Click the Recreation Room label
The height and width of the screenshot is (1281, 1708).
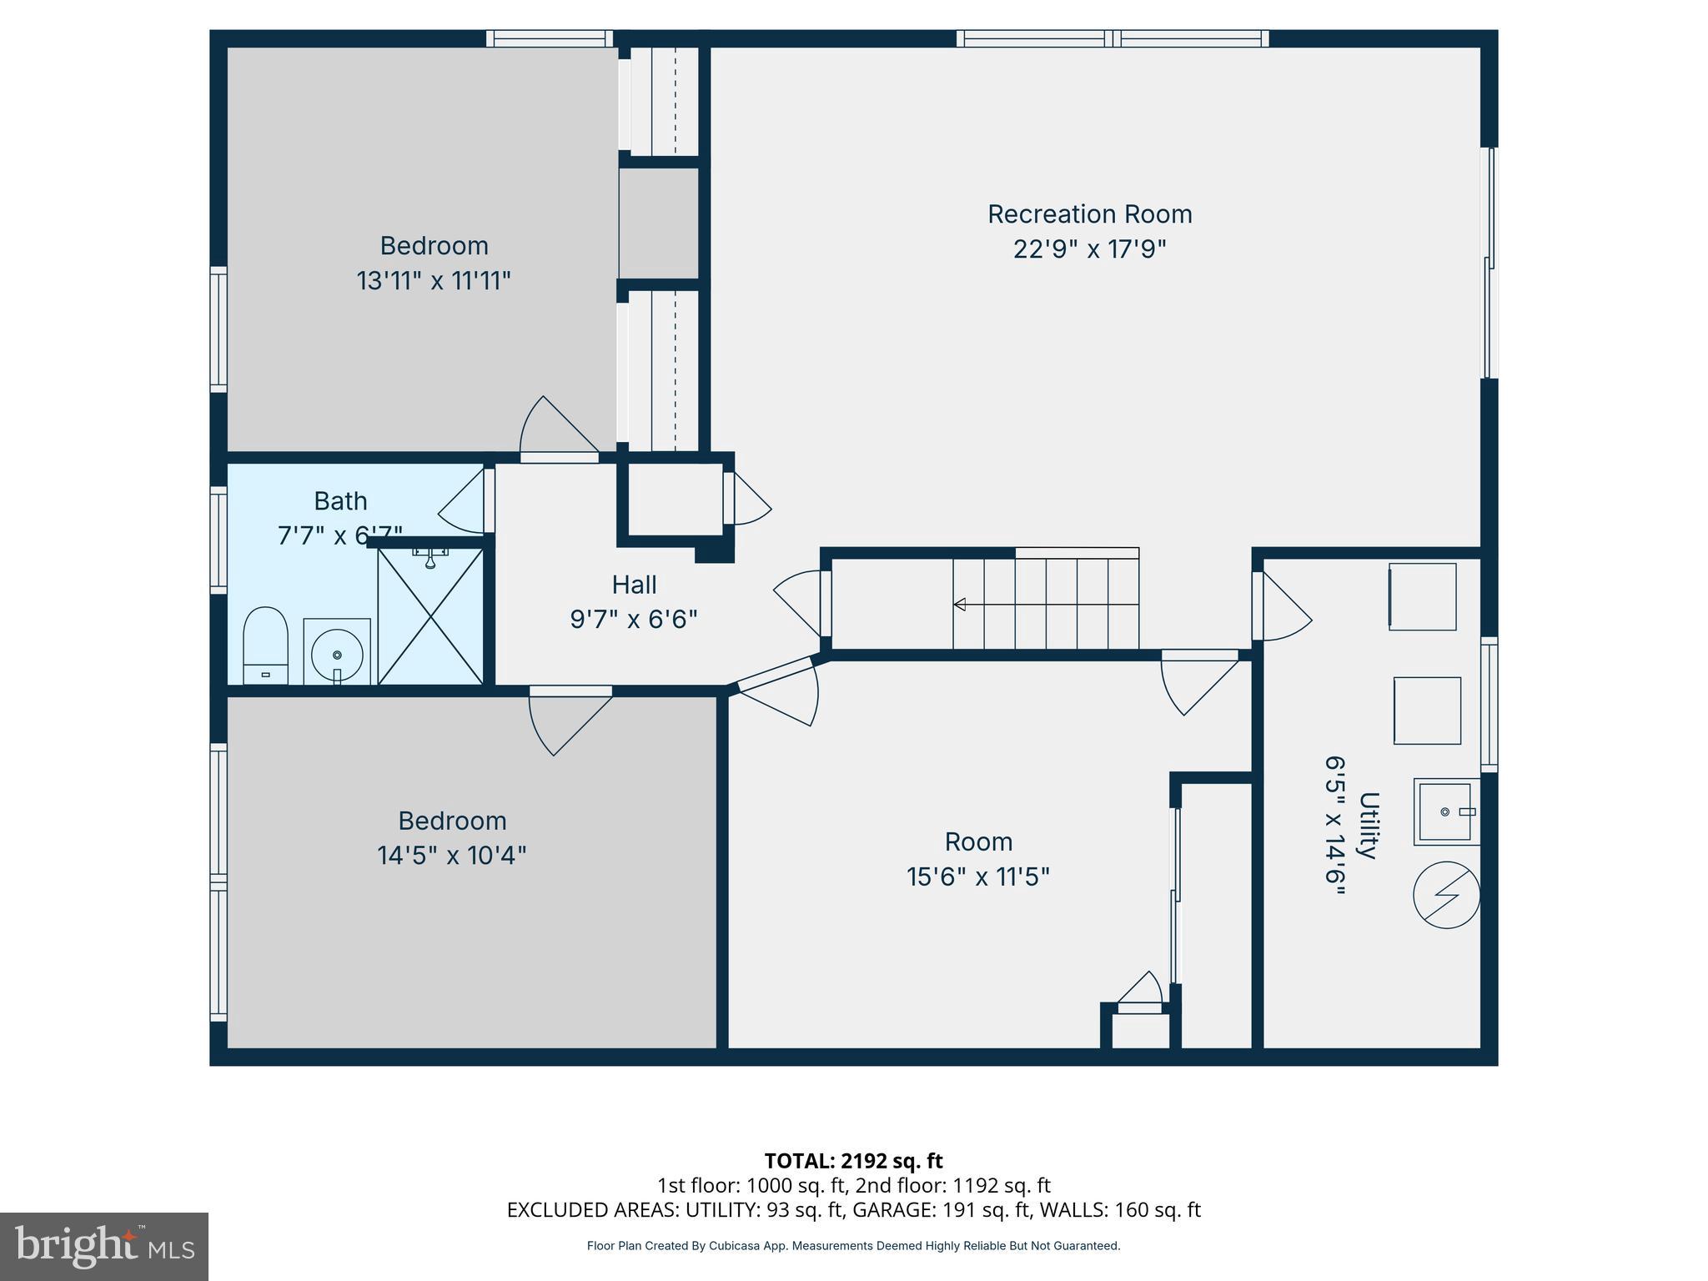1089,214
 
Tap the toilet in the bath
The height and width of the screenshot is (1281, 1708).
265,646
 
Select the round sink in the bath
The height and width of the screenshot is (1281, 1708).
337,653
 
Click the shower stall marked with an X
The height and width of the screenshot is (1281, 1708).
430,617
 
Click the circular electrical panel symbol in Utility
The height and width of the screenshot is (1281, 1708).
1446,895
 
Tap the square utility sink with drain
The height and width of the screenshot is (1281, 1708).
1446,811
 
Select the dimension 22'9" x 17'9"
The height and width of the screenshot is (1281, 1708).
1089,249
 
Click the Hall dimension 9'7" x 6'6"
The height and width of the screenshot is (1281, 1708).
634,620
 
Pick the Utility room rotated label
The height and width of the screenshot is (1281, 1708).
1367,826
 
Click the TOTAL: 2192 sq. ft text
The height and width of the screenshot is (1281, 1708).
853,1161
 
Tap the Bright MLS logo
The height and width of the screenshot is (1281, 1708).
104,1247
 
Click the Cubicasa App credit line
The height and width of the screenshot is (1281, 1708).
853,1246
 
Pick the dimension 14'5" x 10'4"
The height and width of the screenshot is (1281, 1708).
451,856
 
